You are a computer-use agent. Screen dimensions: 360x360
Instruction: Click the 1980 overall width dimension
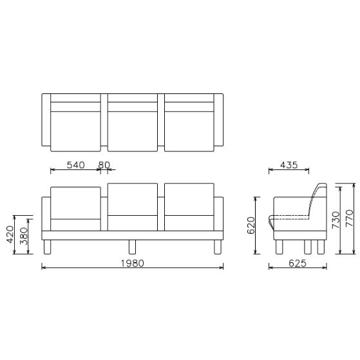click(x=133, y=263)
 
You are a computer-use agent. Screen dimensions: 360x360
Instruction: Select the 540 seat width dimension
click(x=76, y=165)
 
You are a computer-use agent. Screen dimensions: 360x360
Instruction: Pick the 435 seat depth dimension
click(x=289, y=165)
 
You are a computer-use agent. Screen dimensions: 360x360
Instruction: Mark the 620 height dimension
click(x=252, y=225)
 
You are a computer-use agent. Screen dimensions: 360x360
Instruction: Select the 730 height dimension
click(x=335, y=220)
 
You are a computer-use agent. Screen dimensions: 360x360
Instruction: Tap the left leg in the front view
click(x=46, y=247)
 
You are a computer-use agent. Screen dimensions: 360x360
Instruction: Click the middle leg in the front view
click(x=133, y=247)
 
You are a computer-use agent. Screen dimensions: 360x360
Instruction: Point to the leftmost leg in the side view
click(x=279, y=247)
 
